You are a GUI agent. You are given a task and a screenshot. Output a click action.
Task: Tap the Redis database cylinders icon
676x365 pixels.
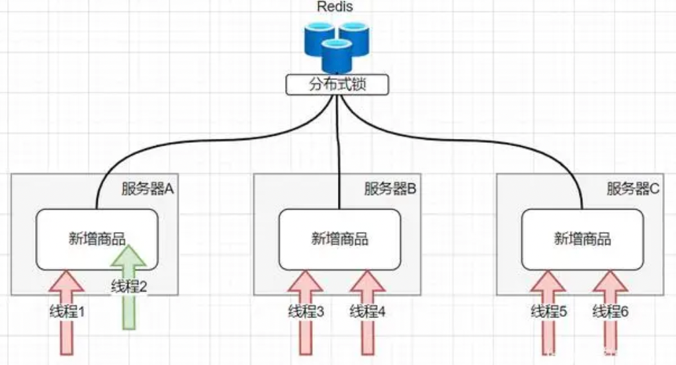[336, 46]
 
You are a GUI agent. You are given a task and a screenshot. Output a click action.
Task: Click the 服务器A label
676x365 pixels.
[148, 189]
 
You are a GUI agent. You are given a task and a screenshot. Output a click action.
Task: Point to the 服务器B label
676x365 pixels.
[390, 189]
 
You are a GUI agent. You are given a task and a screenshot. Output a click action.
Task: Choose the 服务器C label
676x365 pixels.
[633, 189]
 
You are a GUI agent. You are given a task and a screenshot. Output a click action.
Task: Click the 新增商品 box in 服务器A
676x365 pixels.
[96, 239]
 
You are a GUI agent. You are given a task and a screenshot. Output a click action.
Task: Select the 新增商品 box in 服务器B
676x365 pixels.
[339, 239]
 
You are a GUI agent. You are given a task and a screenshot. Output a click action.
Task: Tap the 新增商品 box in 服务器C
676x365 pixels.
[582, 239]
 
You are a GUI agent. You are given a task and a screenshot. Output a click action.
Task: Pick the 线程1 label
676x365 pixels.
[65, 311]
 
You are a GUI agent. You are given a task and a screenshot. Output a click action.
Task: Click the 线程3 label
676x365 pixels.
[306, 311]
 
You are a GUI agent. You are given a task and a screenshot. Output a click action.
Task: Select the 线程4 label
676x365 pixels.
[368, 311]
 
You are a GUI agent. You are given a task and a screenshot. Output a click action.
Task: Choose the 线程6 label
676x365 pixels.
[610, 311]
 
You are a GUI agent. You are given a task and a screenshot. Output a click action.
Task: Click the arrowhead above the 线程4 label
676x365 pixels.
[368, 281]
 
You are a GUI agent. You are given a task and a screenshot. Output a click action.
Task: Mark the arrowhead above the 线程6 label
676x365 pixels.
[611, 281]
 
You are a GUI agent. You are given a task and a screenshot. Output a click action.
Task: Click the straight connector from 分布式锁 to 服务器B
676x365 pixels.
[339, 152]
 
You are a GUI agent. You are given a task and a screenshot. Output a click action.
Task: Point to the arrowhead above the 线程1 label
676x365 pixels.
[65, 281]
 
